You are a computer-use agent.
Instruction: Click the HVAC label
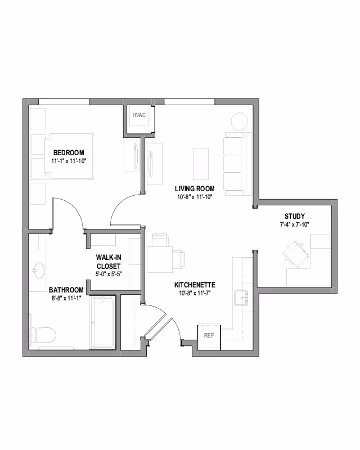[139, 115]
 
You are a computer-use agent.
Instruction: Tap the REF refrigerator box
[209, 335]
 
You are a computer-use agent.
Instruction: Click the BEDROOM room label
[69, 153]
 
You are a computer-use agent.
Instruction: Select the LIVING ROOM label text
[193, 188]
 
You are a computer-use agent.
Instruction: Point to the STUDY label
[294, 216]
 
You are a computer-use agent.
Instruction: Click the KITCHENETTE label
[195, 285]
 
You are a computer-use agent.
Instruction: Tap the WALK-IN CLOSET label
[109, 262]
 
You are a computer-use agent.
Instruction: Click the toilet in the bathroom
[43, 336]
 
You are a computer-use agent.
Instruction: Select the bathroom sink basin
[39, 270]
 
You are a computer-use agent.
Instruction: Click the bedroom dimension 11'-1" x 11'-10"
[69, 161]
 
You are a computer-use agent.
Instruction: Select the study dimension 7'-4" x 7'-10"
[294, 224]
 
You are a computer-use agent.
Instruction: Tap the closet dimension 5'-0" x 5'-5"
[109, 274]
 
